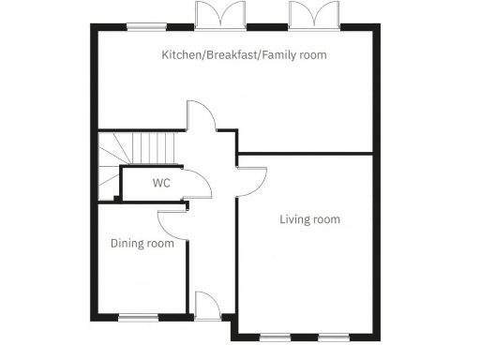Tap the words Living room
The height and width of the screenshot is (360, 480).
[x=309, y=219]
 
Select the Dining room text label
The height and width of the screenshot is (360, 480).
[x=142, y=244]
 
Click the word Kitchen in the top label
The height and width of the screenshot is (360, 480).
[x=180, y=55]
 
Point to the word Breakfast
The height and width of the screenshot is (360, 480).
[x=230, y=55]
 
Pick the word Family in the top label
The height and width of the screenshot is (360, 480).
[x=279, y=55]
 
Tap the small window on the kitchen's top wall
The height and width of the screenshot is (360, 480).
[x=142, y=26]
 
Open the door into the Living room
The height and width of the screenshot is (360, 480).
[x=251, y=178]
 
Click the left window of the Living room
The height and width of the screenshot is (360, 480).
[x=275, y=336]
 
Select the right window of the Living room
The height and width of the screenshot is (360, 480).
[x=332, y=336]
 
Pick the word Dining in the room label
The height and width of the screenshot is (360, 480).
[x=127, y=244]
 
